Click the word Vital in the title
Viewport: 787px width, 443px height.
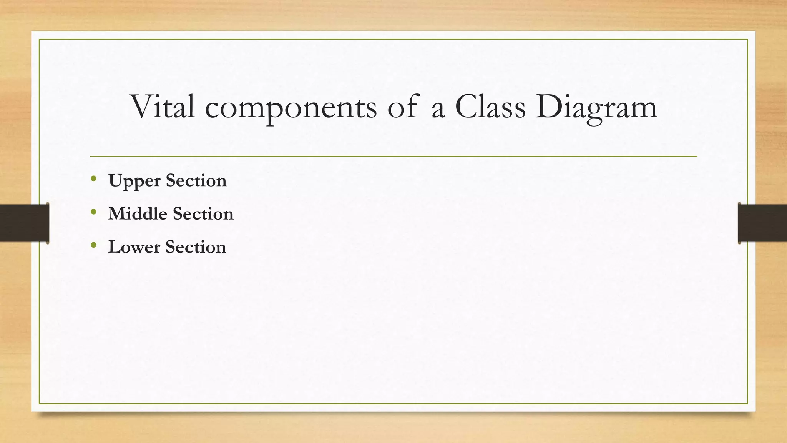point(163,107)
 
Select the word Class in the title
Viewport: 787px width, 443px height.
point(490,107)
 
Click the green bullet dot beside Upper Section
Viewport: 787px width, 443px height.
point(93,178)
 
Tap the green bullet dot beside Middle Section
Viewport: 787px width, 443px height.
point(93,212)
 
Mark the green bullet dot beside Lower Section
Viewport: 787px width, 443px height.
point(93,245)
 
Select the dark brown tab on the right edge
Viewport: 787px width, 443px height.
point(762,223)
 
